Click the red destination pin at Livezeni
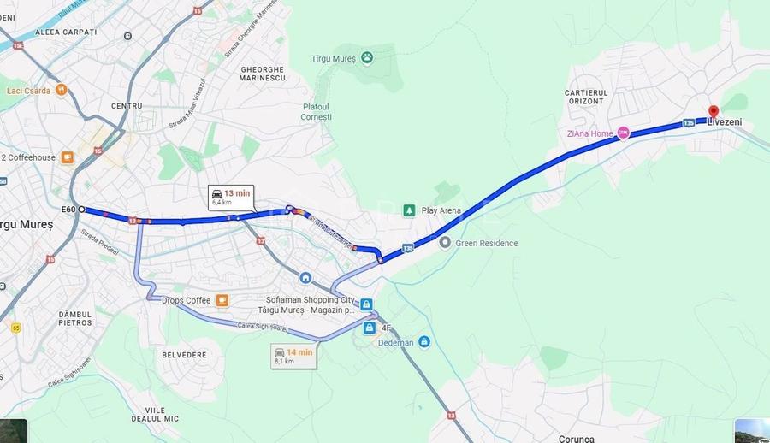tap(713, 111)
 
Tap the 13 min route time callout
tap(231, 197)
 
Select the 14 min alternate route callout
tap(293, 356)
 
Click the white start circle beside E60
tap(82, 209)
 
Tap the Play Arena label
tap(441, 210)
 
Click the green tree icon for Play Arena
tap(410, 210)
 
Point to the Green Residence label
tap(486, 243)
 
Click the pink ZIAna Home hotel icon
tap(624, 133)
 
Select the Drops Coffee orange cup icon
tap(222, 300)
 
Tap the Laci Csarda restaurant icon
tap(62, 90)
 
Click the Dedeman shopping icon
tap(424, 342)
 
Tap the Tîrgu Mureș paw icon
tap(367, 57)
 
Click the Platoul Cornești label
tap(317, 111)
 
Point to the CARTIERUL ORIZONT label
tap(586, 97)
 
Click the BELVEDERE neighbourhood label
tap(184, 354)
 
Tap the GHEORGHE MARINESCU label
tap(263, 74)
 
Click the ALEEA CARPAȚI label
tap(66, 32)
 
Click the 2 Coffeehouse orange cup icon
tap(67, 157)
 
